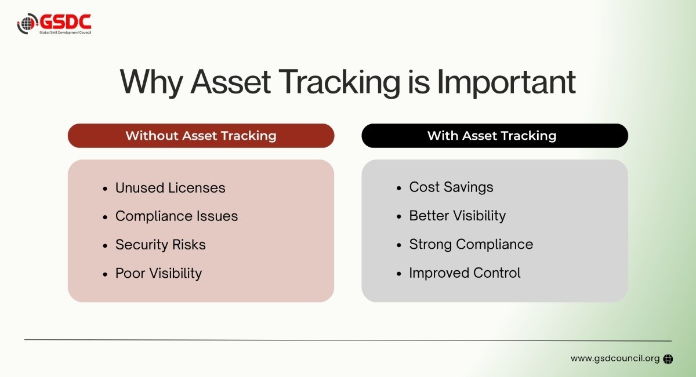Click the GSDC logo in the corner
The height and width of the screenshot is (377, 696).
click(54, 23)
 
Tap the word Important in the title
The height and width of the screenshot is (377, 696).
click(506, 83)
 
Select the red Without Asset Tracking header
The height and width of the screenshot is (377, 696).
click(201, 136)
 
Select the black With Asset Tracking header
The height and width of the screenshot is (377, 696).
click(494, 136)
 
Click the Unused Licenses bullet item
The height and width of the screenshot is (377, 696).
click(170, 188)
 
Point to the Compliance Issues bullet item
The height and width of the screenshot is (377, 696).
click(176, 216)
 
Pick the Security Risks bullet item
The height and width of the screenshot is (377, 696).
click(160, 245)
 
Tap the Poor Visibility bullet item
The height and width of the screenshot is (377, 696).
click(158, 273)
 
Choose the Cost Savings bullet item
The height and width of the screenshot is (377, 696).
click(451, 187)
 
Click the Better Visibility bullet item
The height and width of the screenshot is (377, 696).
click(457, 216)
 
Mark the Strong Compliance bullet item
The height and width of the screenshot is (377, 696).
click(470, 244)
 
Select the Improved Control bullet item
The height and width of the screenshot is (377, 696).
click(465, 273)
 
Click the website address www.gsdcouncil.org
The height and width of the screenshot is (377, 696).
click(615, 358)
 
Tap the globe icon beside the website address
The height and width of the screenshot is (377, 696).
click(668, 359)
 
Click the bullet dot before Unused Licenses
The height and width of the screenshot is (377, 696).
click(105, 188)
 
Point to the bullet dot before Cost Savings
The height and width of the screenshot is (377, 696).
click(399, 188)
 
